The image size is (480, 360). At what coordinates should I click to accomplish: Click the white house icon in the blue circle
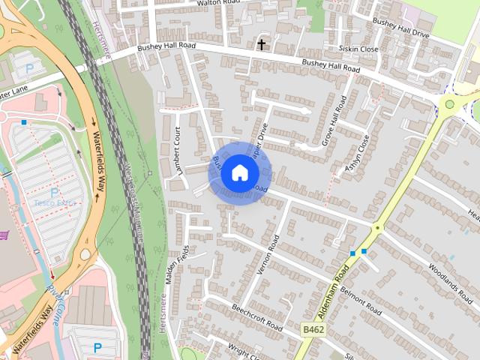[x=239, y=172]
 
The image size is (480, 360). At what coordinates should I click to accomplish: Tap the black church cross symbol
[x=262, y=44]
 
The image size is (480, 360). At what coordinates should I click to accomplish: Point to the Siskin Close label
[x=359, y=49]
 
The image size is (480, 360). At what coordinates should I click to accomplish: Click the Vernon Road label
[x=268, y=254]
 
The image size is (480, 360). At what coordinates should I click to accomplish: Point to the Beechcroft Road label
[x=256, y=318]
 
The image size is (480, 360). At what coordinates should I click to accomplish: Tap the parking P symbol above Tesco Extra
[x=54, y=192]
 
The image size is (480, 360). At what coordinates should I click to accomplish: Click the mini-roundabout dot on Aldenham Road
[x=378, y=226]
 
